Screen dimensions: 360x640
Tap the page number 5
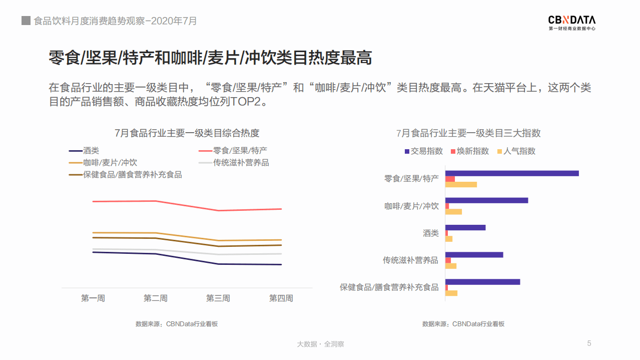[589, 343]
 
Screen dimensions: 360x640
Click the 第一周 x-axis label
[93, 298]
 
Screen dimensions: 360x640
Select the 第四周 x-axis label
[281, 298]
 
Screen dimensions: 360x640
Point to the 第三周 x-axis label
[218, 298]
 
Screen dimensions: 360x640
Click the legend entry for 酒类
[84, 150]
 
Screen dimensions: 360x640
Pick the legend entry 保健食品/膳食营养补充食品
[126, 175]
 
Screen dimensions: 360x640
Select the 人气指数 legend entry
[515, 151]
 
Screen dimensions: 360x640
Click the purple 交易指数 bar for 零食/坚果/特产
[512, 173]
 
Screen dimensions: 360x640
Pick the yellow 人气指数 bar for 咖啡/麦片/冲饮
[453, 212]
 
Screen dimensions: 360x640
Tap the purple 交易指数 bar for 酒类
[465, 227]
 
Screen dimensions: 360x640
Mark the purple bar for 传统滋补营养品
[474, 254]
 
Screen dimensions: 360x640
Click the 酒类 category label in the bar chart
[430, 233]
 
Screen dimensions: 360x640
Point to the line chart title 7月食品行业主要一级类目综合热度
[187, 133]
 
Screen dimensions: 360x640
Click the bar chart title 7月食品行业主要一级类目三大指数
[468, 133]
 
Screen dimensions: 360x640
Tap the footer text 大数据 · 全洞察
[320, 344]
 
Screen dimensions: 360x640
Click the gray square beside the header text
[26, 21]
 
